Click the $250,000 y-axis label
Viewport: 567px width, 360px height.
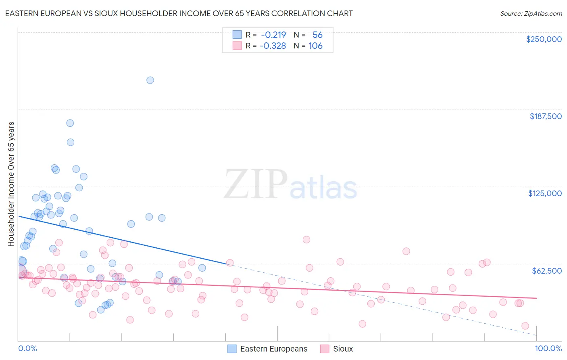544,39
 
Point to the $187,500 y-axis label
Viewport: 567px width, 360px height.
545,116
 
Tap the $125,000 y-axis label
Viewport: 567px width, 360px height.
545,193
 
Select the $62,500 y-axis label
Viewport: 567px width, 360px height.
546,271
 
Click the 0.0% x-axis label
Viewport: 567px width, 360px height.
27,349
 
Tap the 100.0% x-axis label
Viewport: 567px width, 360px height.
548,349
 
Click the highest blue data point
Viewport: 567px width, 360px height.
150,80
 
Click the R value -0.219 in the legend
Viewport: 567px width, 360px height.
273,35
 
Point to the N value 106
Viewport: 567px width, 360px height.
315,46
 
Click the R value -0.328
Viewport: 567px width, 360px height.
273,46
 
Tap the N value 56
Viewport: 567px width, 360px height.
317,35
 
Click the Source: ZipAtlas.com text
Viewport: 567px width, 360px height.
531,14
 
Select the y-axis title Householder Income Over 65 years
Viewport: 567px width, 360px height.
11,184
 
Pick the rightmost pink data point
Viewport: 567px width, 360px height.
525,326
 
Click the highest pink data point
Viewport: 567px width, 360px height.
306,240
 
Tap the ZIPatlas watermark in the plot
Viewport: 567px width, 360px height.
290,185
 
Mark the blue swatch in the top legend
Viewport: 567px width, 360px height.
237,35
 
